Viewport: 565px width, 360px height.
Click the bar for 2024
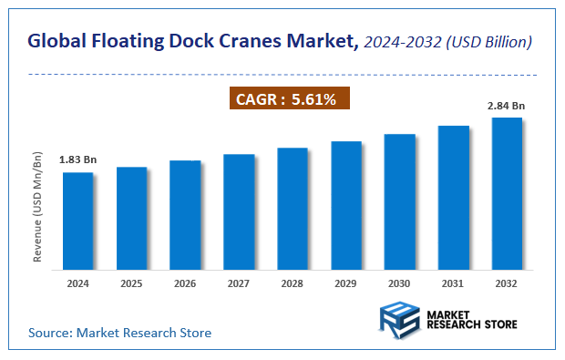(x=77, y=221)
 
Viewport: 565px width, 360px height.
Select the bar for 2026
(x=185, y=215)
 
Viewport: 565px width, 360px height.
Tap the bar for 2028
(x=293, y=209)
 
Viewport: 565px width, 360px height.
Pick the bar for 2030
(x=399, y=201)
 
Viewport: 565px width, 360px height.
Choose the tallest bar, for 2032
(x=507, y=193)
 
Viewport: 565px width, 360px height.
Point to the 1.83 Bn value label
(x=77, y=160)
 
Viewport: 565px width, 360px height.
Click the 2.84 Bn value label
(x=507, y=107)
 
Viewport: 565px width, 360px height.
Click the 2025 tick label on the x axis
(x=131, y=283)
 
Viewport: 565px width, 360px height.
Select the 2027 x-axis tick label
(x=239, y=283)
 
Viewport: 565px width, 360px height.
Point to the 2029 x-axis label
(x=346, y=283)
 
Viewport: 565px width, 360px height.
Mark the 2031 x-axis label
(x=453, y=283)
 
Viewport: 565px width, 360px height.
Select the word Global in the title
(x=57, y=41)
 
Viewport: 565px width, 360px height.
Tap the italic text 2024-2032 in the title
(x=405, y=41)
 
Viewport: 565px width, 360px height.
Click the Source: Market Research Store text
(x=119, y=333)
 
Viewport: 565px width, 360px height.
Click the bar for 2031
(x=453, y=198)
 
